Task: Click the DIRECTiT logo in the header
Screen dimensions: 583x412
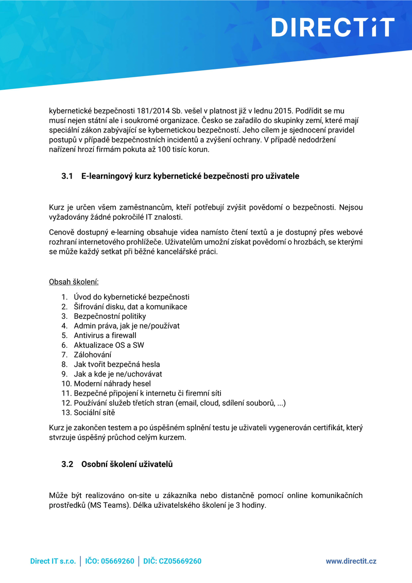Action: click(333, 27)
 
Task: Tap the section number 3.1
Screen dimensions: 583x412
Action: click(67, 176)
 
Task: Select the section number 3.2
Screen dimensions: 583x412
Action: click(67, 464)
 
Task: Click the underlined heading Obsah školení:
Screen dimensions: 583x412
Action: click(74, 282)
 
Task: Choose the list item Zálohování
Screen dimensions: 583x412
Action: click(93, 354)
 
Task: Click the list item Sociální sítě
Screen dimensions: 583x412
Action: click(95, 413)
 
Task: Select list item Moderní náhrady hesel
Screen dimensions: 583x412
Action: click(112, 383)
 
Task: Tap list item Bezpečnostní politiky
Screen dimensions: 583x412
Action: click(110, 316)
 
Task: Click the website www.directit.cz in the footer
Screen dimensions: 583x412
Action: click(351, 561)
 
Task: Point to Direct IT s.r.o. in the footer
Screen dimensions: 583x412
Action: click(53, 561)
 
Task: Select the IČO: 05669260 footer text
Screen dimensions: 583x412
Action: click(110, 561)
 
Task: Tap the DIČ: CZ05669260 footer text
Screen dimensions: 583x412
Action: click(172, 561)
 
